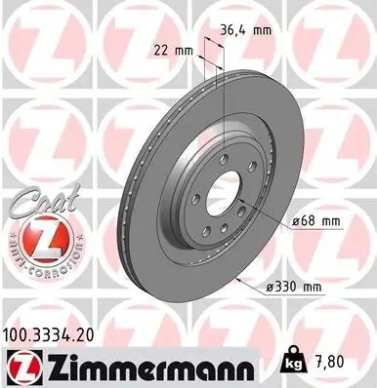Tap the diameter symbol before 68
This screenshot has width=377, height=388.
296,222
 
